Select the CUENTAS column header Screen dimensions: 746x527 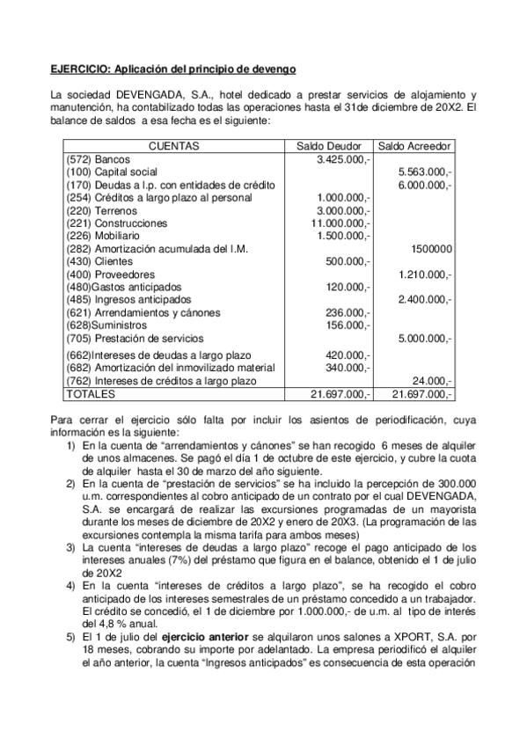point(173,146)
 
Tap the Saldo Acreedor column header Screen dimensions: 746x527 point(414,146)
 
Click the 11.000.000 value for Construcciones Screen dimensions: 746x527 point(341,223)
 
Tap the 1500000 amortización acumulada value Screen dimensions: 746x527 point(432,249)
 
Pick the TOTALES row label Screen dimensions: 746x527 point(91,394)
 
